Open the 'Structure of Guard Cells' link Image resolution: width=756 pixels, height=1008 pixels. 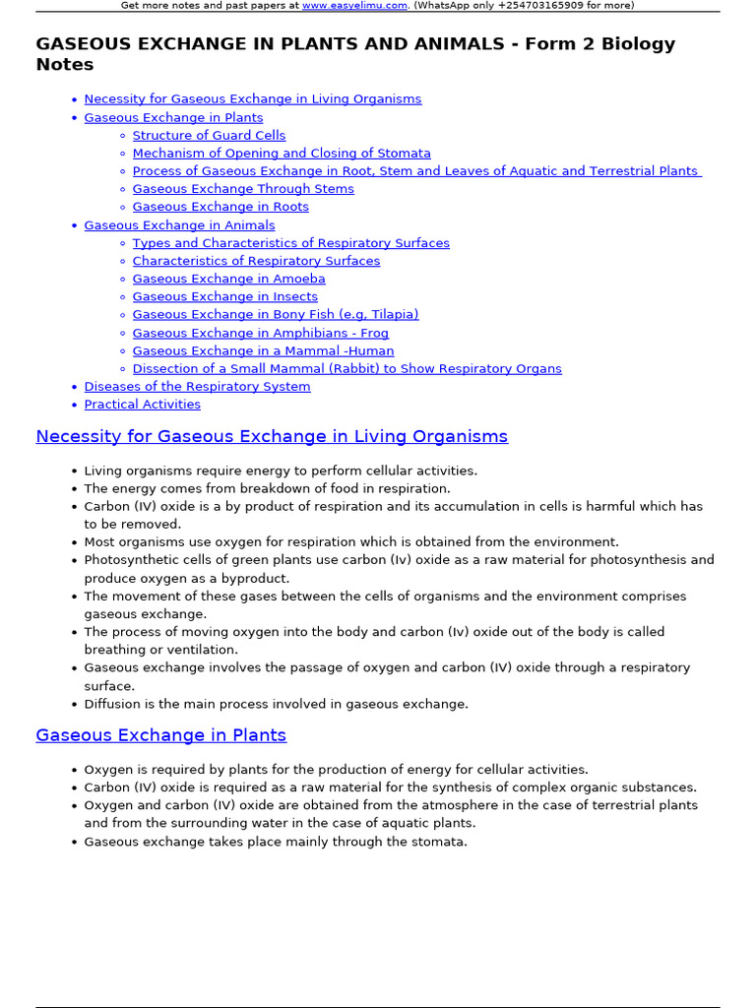point(209,135)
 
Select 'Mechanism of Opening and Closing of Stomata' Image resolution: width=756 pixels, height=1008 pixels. point(282,154)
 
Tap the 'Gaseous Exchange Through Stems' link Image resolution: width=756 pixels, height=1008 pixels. point(243,189)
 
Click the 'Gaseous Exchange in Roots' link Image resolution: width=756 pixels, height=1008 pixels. point(220,207)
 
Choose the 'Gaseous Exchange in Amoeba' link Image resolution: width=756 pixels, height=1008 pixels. point(228,279)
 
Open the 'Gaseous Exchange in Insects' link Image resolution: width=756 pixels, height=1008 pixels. point(224,296)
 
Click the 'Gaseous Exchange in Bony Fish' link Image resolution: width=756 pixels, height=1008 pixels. point(276,314)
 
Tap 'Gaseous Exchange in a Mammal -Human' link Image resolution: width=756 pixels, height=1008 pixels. point(263,350)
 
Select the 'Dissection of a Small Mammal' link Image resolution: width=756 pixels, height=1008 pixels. point(346,368)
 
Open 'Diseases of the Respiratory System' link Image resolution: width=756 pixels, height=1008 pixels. point(197,386)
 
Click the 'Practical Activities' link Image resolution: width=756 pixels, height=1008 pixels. point(142,405)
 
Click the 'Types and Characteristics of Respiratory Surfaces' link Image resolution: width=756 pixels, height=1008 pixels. point(290,243)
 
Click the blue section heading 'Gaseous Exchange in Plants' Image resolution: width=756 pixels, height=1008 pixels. point(160,735)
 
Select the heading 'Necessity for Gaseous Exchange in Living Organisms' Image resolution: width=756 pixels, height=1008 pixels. point(272,436)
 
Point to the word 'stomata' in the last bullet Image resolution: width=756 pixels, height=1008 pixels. point(440,842)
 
